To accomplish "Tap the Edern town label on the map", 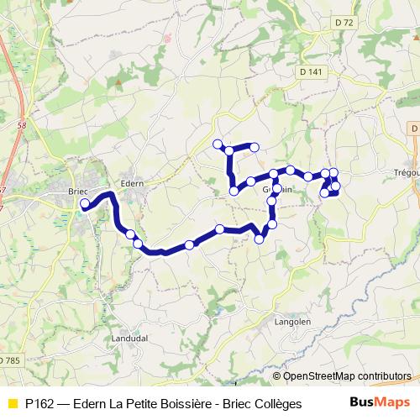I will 133,182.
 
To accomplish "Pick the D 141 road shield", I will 311,72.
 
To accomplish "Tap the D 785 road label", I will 8,360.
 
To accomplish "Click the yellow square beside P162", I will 12,403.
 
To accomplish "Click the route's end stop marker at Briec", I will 84,203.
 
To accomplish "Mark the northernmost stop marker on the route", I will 218,143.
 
